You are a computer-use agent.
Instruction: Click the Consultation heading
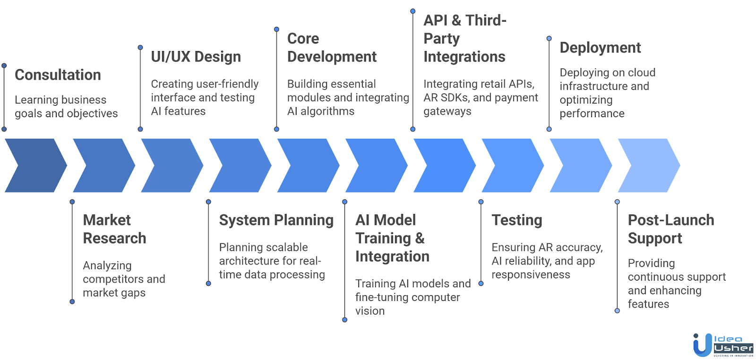coord(58,75)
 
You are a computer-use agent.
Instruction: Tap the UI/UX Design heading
coord(196,57)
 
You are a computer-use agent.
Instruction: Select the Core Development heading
coord(331,47)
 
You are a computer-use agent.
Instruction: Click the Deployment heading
coord(600,48)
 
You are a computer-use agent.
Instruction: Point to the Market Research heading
coord(114,229)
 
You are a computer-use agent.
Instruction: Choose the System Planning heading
coord(276,220)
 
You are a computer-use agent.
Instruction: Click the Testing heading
coord(516,220)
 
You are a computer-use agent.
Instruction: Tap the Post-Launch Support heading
coord(670,229)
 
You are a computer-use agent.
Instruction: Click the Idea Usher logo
coord(722,345)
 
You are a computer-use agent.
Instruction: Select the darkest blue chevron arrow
coord(35,165)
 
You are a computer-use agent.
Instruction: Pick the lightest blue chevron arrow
coord(648,165)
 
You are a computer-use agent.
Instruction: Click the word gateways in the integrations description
coord(447,111)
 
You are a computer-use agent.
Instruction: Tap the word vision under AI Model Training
coord(370,311)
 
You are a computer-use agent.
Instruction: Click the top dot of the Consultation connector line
coord(4,66)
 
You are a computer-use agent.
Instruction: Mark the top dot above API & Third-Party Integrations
coord(413,11)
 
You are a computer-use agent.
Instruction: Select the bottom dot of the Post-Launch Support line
coord(617,311)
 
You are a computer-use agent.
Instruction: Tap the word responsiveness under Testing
coord(531,275)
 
